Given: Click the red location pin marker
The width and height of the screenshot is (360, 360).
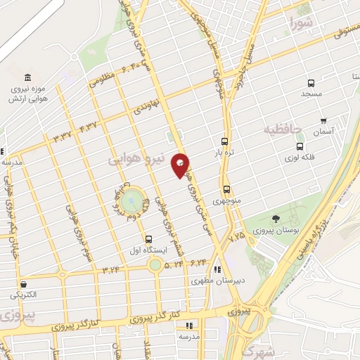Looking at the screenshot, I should pyautogui.click(x=181, y=165).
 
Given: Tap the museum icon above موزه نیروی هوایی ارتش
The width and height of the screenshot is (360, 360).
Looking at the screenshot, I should pyautogui.click(x=27, y=77).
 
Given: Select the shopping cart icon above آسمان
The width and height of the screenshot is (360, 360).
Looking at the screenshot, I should pyautogui.click(x=323, y=120).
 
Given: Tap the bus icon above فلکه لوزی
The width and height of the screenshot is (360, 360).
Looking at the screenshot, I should pyautogui.click(x=300, y=147).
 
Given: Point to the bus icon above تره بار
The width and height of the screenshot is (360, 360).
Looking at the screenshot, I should pyautogui.click(x=224, y=141).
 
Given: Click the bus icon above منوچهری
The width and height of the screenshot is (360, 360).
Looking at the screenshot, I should pyautogui.click(x=226, y=189).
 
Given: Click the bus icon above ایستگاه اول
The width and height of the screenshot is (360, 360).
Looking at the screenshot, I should pyautogui.click(x=148, y=239).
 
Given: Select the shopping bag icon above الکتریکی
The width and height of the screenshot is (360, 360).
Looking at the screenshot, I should pyautogui.click(x=25, y=285).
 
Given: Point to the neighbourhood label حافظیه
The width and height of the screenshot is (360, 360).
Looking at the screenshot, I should pyautogui.click(x=283, y=129).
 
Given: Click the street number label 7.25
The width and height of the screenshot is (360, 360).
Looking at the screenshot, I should pyautogui.click(x=236, y=236).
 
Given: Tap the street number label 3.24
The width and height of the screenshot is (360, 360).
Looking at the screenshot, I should pyautogui.click(x=110, y=269).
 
